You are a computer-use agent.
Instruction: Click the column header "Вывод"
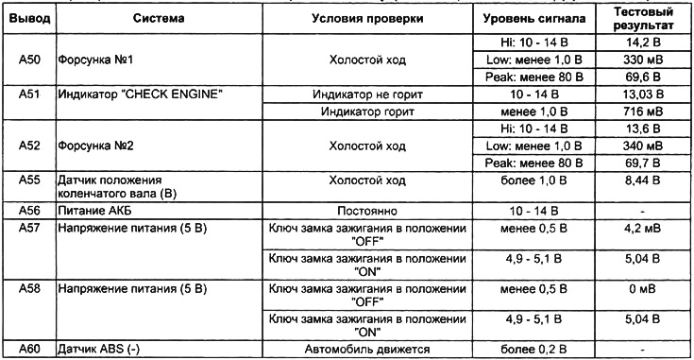point(28,19)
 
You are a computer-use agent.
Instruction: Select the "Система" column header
point(159,19)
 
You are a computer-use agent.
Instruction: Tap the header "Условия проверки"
point(366,19)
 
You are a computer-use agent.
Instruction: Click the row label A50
point(28,60)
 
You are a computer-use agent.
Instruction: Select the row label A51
point(28,94)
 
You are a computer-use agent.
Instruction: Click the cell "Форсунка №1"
point(95,60)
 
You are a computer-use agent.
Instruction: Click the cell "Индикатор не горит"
point(366,94)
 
